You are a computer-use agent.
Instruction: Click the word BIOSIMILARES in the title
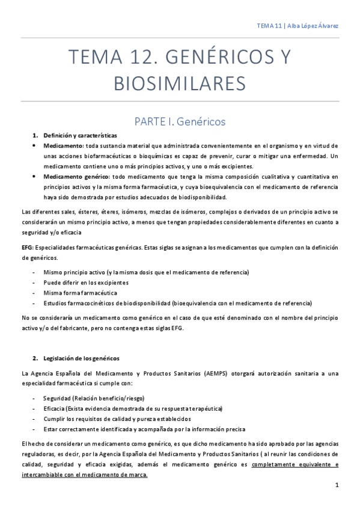pos(180,82)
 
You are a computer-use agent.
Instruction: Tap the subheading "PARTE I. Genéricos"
pos(180,121)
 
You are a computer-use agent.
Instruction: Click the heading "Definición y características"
pos(80,135)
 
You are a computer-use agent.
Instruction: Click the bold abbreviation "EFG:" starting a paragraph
pos(28,248)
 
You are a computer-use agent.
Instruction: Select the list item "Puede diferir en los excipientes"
pos(86,282)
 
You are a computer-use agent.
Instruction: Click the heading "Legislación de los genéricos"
pos(81,342)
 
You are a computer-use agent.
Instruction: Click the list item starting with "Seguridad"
pos(93,398)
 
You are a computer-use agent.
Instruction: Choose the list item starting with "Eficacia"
pos(132,408)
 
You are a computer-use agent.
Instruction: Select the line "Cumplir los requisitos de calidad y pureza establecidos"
pos(117,419)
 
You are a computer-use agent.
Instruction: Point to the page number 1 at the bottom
pos(337,485)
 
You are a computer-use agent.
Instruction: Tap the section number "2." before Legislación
pos(35,342)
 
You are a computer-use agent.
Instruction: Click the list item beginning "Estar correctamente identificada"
pos(144,429)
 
